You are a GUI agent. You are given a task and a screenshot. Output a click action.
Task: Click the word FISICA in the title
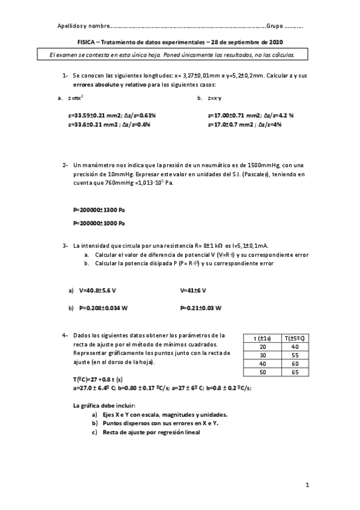tap(87, 43)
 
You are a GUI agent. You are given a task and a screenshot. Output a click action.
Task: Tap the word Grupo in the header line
tap(275, 26)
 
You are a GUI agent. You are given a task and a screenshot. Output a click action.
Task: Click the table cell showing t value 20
tap(262, 347)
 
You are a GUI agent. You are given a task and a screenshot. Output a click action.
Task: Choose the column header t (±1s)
tap(263, 339)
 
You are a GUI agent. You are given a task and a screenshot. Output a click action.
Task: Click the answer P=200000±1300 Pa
tap(99, 210)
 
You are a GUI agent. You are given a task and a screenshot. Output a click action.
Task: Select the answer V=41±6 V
tap(193, 290)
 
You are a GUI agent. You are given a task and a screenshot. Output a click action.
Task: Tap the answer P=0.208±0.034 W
tap(103, 308)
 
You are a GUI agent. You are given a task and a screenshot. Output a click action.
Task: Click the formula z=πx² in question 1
tap(76, 97)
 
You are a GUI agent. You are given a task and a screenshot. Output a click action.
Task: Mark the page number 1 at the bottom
tap(307, 484)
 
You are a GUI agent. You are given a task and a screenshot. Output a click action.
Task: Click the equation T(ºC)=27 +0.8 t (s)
tap(97, 380)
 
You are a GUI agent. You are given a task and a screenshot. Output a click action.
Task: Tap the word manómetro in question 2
tap(97, 165)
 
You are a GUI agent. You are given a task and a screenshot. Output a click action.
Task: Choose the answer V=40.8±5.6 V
tap(97, 290)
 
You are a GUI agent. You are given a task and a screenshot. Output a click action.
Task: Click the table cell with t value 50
tap(262, 373)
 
